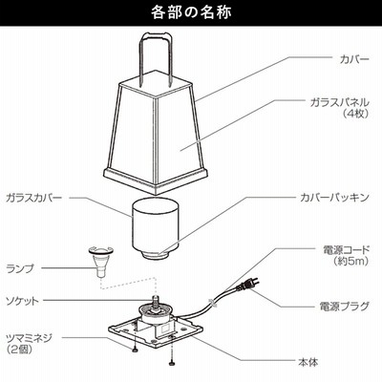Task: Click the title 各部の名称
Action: pyautogui.click(x=191, y=12)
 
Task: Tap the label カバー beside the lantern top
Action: pyautogui.click(x=354, y=59)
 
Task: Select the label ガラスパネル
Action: pyautogui.click(x=340, y=102)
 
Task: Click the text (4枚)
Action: pyautogui.click(x=355, y=114)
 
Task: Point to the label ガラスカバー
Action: pyautogui.click(x=34, y=198)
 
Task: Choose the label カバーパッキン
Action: pyautogui.click(x=335, y=198)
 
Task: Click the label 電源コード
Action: pyautogui.click(x=346, y=250)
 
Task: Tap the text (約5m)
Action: pyautogui.click(x=351, y=261)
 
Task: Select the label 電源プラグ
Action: pyautogui.click(x=345, y=307)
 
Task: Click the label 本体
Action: pyautogui.click(x=308, y=362)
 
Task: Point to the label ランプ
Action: pyautogui.click(x=20, y=268)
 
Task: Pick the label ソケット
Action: pyautogui.click(x=22, y=301)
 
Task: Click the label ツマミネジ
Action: pyautogui.click(x=29, y=337)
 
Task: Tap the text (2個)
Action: pyautogui.click(x=19, y=349)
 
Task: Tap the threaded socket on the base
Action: pyautogui.click(x=157, y=302)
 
